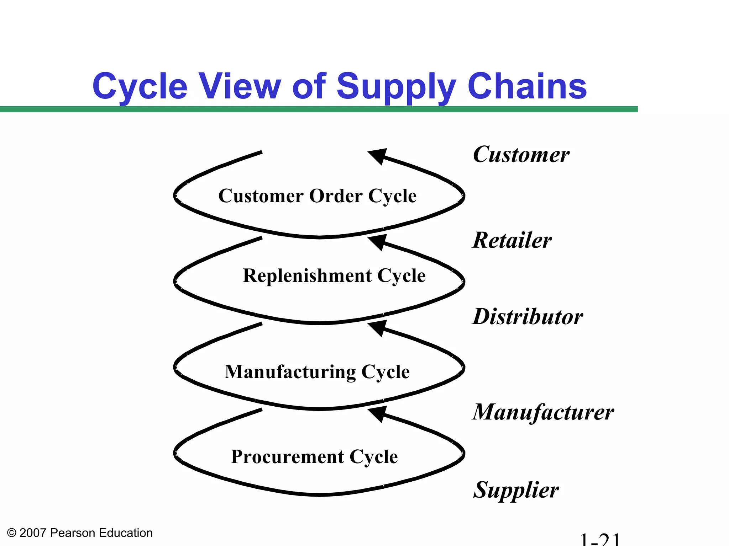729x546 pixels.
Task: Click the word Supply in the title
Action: (x=396, y=87)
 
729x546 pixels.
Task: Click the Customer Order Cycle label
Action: (x=317, y=196)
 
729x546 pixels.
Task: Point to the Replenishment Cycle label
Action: (x=334, y=276)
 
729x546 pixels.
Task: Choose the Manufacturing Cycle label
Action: (x=317, y=372)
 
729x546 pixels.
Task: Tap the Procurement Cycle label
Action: (x=314, y=457)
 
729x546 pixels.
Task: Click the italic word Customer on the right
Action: (x=521, y=155)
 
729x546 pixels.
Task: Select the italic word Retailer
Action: (x=512, y=241)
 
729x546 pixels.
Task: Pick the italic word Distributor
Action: (x=528, y=317)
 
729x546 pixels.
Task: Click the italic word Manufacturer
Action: (x=543, y=412)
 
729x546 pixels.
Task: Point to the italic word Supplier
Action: (x=516, y=490)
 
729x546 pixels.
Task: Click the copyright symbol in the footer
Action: (x=11, y=533)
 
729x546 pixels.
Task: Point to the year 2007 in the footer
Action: (x=33, y=533)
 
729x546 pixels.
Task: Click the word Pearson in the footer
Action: (x=73, y=533)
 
